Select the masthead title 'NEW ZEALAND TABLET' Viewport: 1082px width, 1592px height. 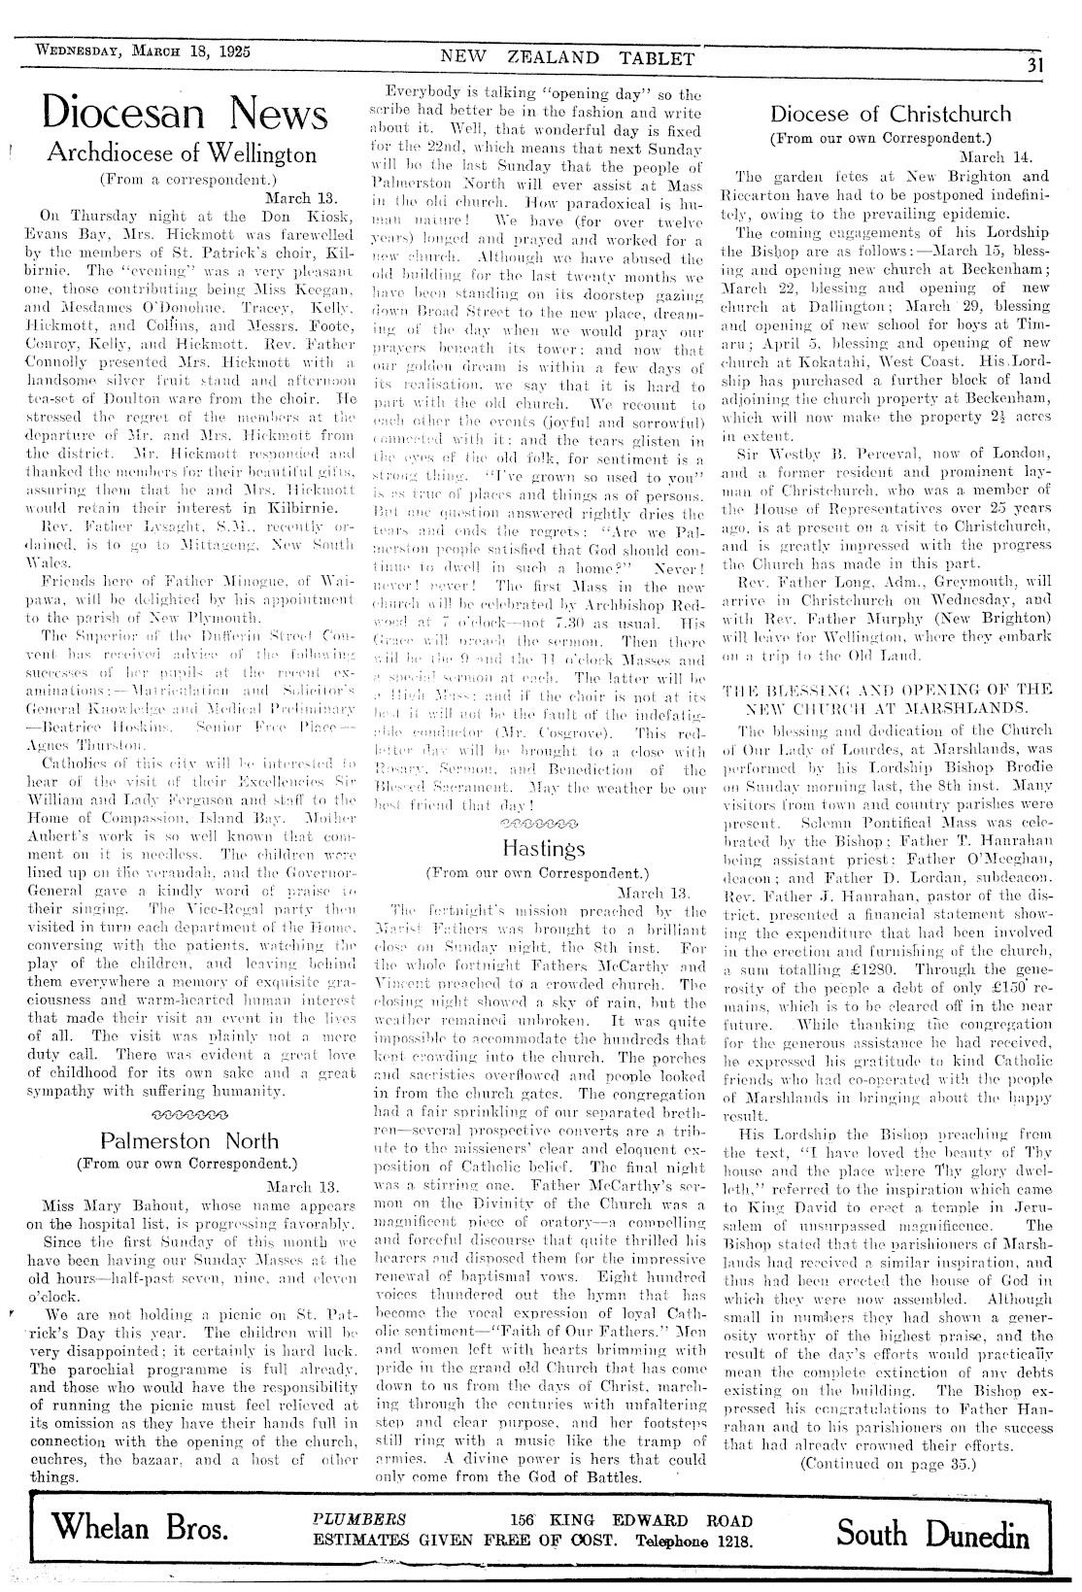coord(568,58)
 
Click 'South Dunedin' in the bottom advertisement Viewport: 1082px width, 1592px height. coord(934,1535)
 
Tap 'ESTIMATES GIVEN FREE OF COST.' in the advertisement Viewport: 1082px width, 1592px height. coord(465,1541)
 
